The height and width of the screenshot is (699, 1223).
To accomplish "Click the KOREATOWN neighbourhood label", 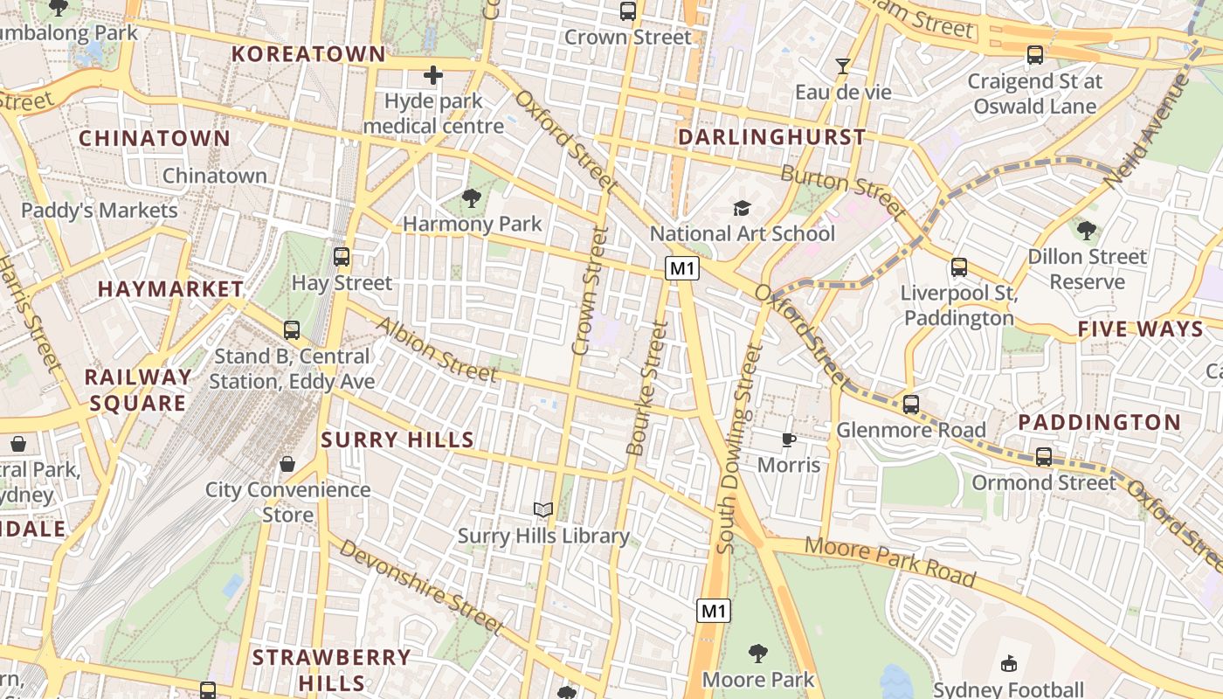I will [x=308, y=54].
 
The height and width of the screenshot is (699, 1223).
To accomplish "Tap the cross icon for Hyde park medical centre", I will [x=432, y=75].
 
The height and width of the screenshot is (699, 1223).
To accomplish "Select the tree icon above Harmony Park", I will [x=472, y=198].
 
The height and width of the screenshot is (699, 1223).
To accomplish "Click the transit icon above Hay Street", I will [x=342, y=257].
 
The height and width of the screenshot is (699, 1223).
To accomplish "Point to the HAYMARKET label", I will [x=171, y=289].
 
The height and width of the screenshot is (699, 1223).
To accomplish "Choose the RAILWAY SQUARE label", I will [x=137, y=390].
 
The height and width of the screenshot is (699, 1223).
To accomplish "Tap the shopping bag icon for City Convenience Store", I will [x=287, y=463].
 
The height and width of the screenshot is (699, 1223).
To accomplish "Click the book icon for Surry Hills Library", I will [x=543, y=509].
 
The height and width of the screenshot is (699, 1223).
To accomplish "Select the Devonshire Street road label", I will [x=422, y=586].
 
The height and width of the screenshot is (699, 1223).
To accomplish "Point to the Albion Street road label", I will [x=437, y=349].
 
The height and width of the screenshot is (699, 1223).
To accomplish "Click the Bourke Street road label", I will [x=647, y=389].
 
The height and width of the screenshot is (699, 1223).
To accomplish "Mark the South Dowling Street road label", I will [x=739, y=447].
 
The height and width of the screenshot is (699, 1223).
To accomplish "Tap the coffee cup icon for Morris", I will [x=788, y=439].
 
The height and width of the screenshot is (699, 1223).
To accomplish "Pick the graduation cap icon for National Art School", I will [x=742, y=208].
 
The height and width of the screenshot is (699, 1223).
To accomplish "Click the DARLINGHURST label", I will [x=772, y=137].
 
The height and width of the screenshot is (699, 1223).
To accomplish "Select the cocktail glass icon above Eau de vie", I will [x=843, y=66].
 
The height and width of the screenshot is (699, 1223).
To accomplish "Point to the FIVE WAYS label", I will [x=1140, y=329].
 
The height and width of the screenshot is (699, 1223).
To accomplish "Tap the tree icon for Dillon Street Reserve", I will [x=1087, y=231].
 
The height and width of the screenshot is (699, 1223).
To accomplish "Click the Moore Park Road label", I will [x=889, y=562].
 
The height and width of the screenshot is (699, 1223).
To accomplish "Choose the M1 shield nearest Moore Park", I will [x=714, y=611].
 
